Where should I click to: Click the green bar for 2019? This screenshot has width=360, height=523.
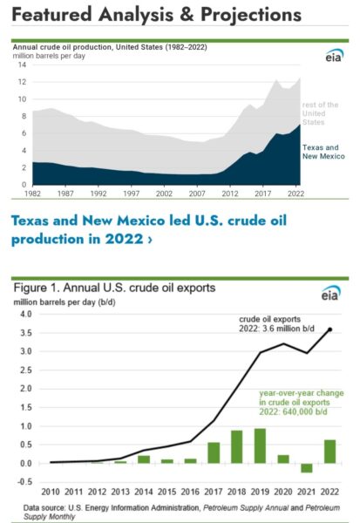(x=260, y=446)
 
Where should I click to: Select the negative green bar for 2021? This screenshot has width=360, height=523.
(x=307, y=468)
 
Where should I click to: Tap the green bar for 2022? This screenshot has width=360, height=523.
(x=330, y=452)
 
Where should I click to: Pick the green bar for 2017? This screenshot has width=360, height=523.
(x=214, y=453)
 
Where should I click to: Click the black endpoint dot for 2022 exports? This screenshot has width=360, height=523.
(x=330, y=329)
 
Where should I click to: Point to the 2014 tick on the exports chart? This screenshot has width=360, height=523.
(x=144, y=492)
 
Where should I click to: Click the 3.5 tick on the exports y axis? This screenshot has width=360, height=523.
(x=25, y=333)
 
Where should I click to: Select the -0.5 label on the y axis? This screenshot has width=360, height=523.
(x=24, y=482)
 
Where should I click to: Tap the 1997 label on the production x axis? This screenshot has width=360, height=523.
(x=131, y=194)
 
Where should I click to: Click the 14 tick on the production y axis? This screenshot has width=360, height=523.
(x=22, y=65)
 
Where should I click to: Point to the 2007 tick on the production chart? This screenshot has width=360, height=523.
(x=197, y=194)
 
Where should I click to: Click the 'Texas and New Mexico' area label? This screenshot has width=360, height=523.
(x=323, y=152)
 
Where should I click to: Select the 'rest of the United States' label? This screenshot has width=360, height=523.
(x=320, y=113)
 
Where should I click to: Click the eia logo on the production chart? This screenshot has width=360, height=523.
(x=335, y=56)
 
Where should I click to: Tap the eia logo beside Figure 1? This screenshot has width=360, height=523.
(x=331, y=294)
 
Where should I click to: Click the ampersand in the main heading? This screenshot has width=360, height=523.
(x=187, y=15)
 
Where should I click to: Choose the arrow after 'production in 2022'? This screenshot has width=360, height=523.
(x=150, y=240)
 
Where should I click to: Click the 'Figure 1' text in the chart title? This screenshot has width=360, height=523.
(x=37, y=288)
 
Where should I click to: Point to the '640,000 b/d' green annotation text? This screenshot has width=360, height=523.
(x=305, y=411)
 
